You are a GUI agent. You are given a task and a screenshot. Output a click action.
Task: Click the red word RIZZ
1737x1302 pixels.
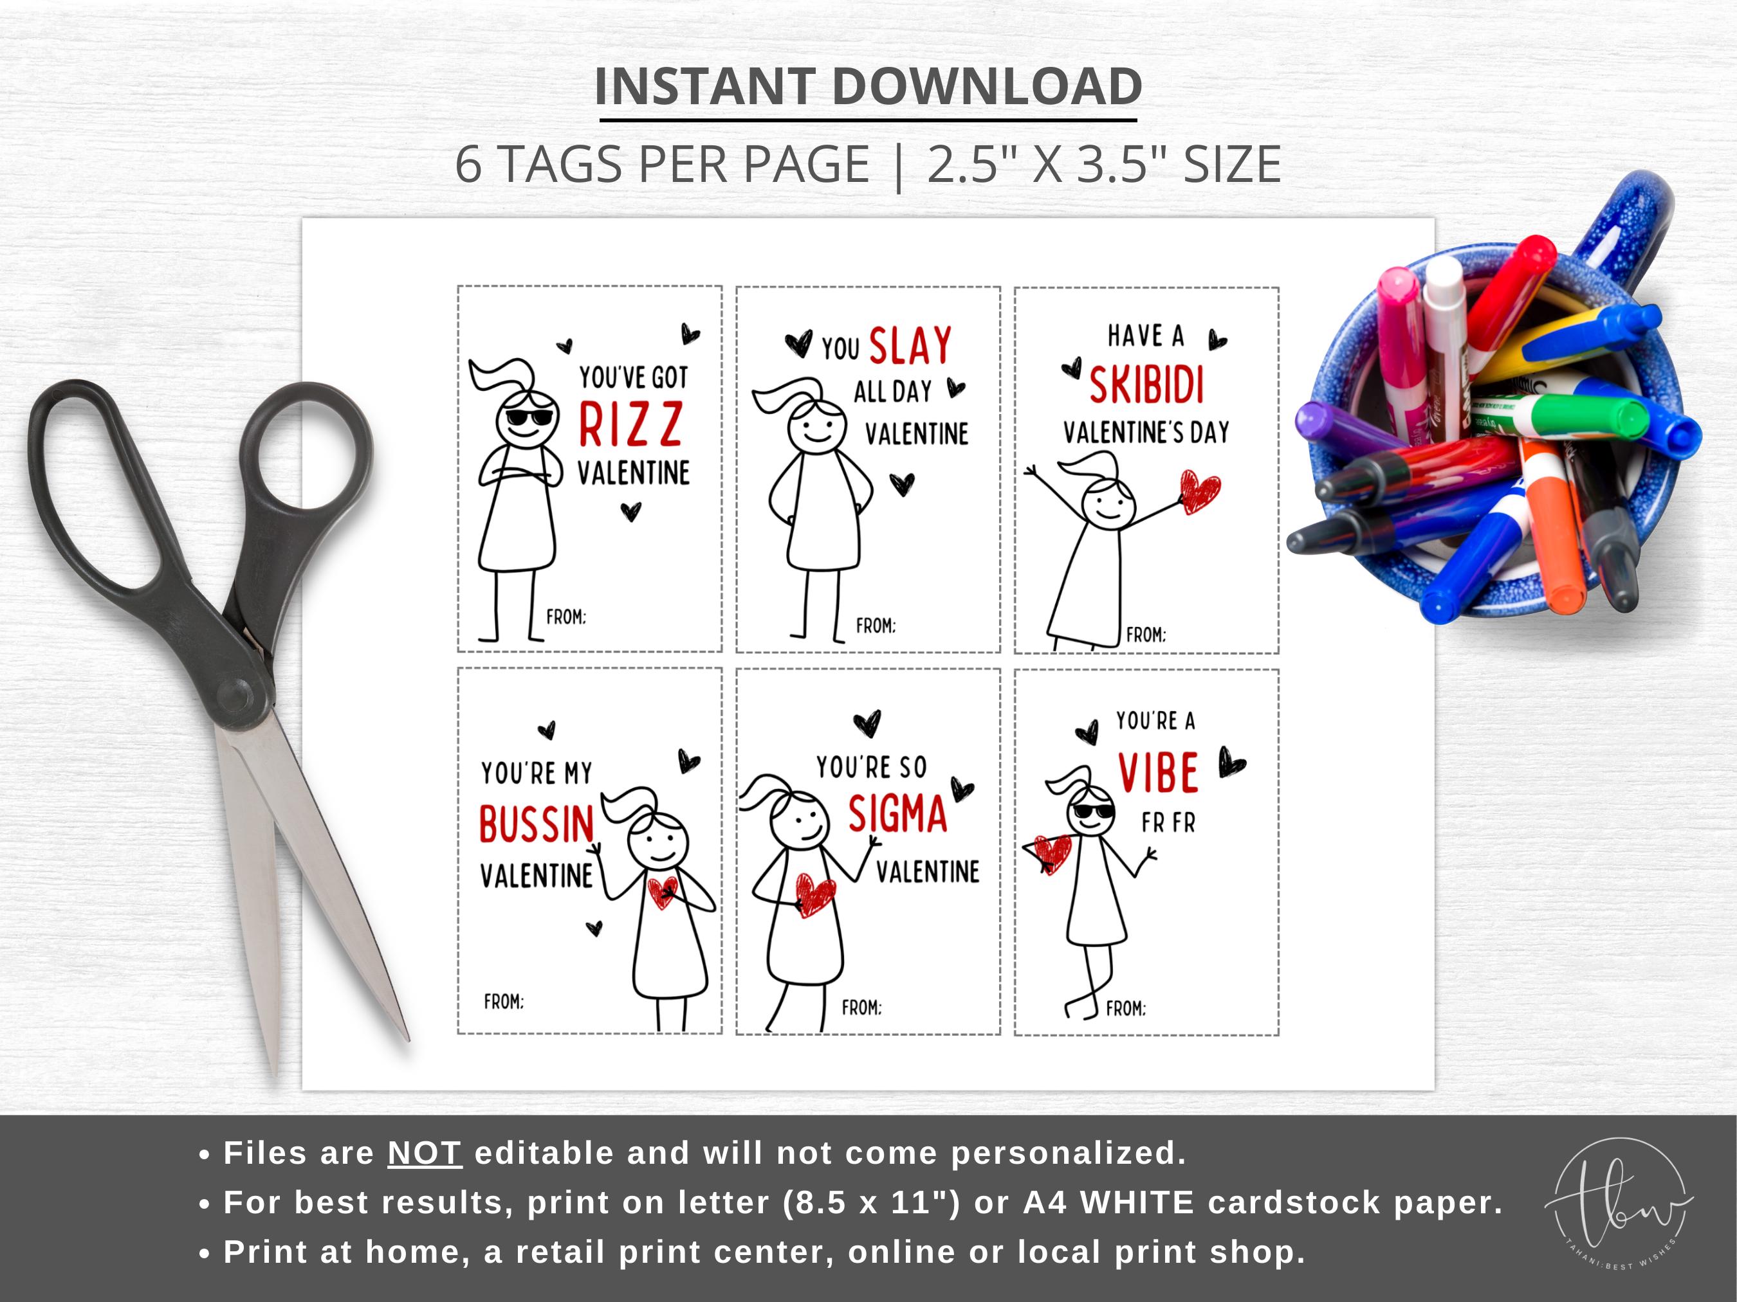(630, 424)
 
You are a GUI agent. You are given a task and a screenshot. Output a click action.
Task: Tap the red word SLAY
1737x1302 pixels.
(910, 345)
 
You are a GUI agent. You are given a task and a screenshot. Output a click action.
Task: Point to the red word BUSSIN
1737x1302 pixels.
(537, 825)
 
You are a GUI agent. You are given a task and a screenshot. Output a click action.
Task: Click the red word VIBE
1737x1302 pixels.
(1158, 773)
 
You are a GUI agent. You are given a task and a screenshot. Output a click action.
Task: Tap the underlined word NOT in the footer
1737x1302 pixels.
(424, 1153)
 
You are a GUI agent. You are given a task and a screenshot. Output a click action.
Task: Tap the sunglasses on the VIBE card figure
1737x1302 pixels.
(1094, 811)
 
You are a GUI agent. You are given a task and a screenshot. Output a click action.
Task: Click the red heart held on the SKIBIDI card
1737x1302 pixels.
(1200, 491)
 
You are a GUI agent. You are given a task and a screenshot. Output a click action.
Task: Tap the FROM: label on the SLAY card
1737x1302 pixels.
(876, 626)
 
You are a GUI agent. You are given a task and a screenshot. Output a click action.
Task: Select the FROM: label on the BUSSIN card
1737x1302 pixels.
(503, 1002)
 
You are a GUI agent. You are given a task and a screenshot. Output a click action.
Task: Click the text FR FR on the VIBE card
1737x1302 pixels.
(1168, 823)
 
